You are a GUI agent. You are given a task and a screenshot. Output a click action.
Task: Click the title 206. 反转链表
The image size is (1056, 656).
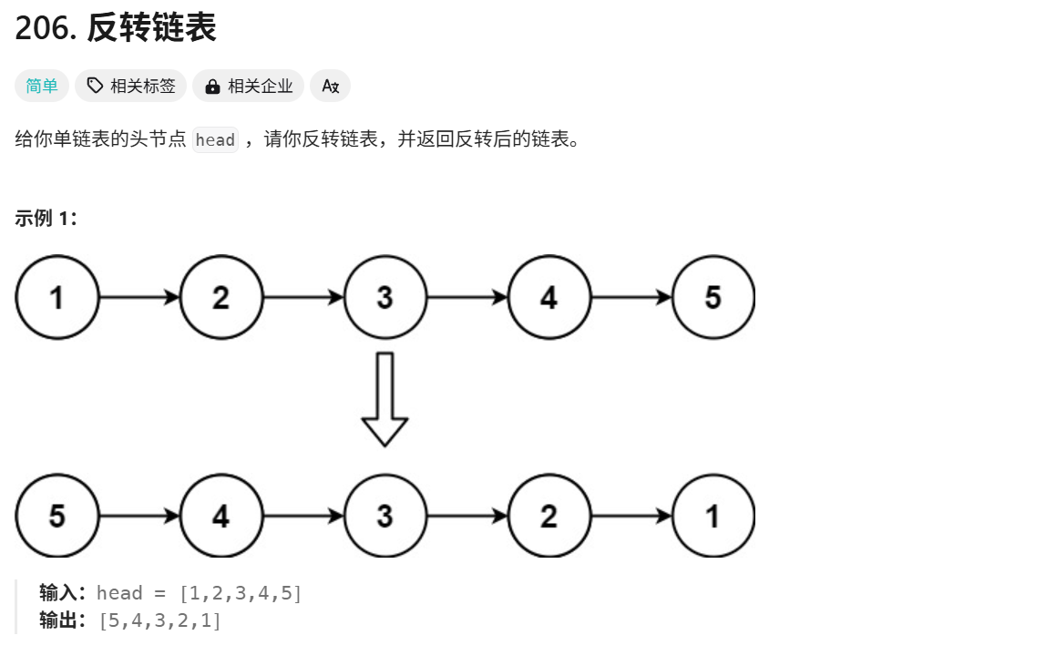116,28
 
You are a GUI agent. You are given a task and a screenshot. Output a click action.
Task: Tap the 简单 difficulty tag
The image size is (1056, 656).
41,86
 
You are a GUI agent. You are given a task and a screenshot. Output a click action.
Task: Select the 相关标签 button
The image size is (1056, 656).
131,86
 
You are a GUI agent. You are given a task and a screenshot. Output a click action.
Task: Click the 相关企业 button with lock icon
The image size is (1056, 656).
249,86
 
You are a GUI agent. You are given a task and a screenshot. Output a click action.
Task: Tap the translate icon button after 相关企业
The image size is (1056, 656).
330,86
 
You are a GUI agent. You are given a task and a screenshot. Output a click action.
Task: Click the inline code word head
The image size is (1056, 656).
215,140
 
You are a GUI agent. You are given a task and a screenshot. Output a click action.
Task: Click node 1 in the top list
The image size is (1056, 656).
56,297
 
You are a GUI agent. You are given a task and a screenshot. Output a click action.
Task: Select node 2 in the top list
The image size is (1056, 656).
220,297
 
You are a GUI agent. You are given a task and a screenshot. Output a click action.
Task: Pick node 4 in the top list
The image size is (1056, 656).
549,297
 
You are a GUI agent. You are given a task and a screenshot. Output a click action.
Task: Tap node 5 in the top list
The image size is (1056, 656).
713,297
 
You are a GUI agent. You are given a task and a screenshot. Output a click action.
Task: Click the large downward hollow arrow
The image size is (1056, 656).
384,399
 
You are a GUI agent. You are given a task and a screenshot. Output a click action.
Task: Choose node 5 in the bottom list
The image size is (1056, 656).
56,516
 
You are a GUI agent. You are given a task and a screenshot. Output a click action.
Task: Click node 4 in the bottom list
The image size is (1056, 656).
220,516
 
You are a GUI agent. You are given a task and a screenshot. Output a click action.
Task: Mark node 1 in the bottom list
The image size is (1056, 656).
713,516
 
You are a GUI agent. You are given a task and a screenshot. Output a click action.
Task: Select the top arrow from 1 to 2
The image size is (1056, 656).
138,297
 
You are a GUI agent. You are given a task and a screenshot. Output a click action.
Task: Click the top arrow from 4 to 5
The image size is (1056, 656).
631,297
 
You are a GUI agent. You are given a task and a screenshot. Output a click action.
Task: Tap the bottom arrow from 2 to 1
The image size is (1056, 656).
631,516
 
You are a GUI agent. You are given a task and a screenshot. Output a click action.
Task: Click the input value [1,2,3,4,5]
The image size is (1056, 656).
241,593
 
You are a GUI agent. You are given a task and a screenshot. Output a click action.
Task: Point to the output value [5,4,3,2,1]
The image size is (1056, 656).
159,621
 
